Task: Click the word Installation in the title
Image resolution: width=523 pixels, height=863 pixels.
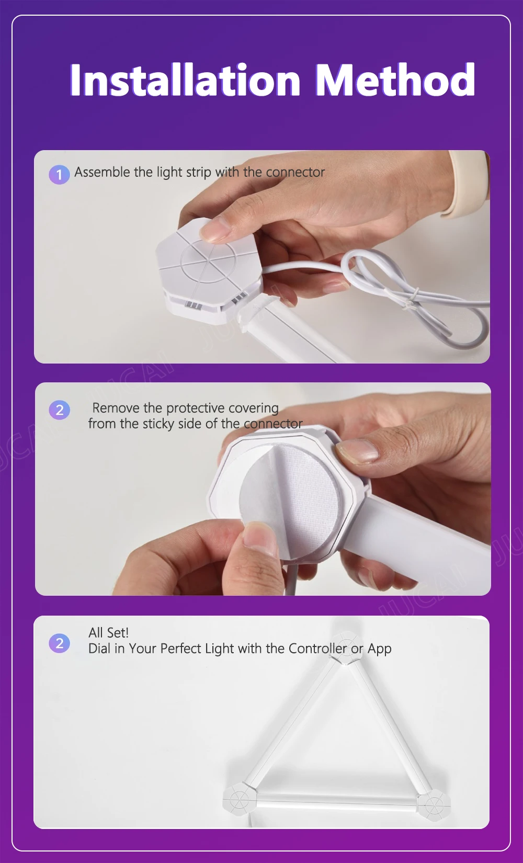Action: (x=185, y=80)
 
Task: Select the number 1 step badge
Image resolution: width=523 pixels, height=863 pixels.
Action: (x=59, y=175)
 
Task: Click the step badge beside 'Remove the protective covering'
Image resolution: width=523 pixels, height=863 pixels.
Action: (x=59, y=410)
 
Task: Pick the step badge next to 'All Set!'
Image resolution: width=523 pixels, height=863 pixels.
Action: (x=59, y=643)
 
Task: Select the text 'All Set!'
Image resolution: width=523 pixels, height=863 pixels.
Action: (x=108, y=633)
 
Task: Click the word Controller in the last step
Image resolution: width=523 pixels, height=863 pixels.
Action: (x=318, y=649)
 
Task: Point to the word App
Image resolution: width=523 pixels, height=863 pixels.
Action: (x=379, y=649)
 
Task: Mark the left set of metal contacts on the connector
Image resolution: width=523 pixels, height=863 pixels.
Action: (x=193, y=305)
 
